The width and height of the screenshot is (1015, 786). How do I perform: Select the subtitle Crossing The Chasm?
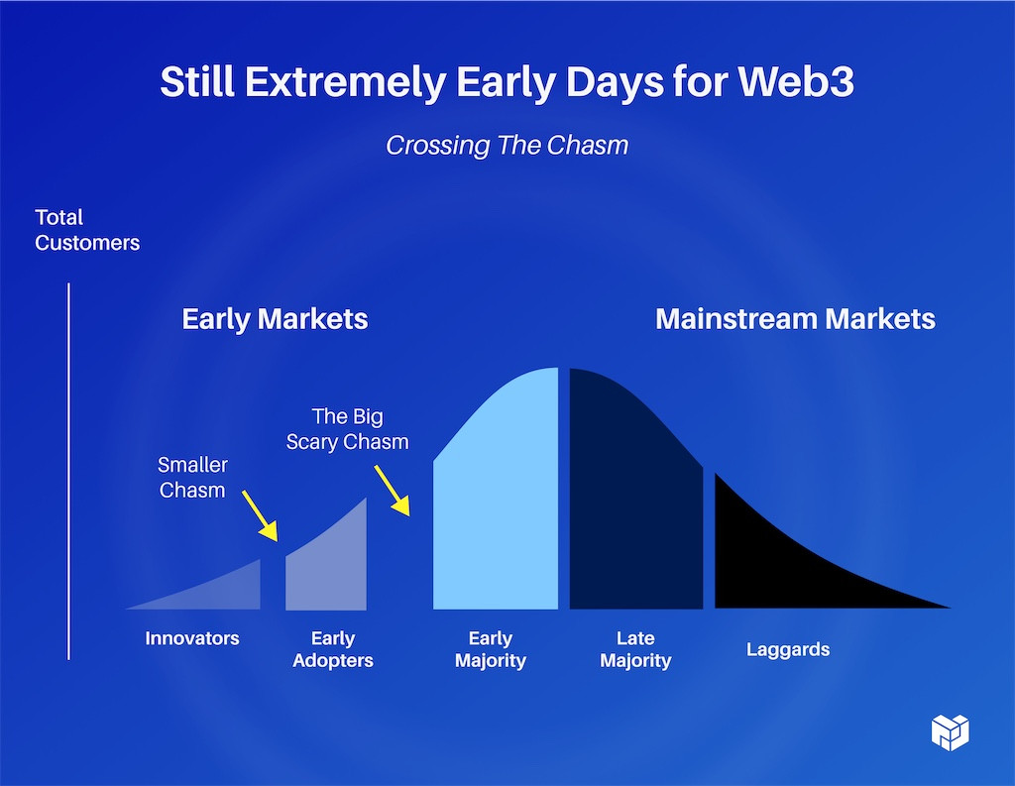[507, 145]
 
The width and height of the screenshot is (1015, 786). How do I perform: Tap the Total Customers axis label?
[87, 230]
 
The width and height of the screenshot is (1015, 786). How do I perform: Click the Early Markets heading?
[275, 318]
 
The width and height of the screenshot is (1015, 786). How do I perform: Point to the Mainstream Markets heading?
[795, 318]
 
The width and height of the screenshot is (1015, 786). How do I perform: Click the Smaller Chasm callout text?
[193, 477]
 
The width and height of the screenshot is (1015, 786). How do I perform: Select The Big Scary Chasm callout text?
[348, 428]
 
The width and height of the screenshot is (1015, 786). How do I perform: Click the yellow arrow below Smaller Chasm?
[260, 515]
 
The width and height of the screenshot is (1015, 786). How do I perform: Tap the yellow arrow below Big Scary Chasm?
[393, 490]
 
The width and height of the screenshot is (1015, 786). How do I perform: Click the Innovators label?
[192, 638]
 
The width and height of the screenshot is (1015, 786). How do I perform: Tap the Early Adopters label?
[333, 649]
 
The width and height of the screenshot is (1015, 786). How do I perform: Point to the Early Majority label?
[490, 649]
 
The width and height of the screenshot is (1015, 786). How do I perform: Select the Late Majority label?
[635, 649]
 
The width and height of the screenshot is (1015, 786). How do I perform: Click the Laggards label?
[788, 649]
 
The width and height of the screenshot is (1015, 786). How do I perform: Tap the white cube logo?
[951, 732]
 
